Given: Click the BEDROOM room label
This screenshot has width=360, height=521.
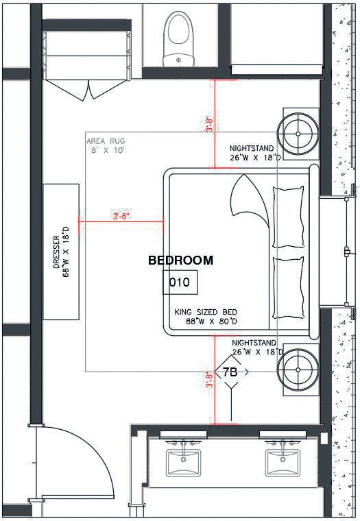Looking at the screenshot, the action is (180, 260).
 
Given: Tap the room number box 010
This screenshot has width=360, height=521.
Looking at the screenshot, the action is (180, 282).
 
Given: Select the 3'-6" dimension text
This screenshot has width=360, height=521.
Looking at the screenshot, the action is (121, 217).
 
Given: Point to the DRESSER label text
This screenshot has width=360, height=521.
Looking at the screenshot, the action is (56, 252).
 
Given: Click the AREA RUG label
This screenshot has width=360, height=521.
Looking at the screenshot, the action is (106, 141).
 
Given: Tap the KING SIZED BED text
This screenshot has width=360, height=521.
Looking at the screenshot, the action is (206, 312).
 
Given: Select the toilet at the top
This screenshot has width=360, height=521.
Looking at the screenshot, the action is (178, 38).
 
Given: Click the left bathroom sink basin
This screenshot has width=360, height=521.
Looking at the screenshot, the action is (184, 463).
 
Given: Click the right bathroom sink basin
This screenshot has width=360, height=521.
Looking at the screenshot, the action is (283, 463).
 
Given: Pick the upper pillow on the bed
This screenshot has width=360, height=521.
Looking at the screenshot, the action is (288, 217).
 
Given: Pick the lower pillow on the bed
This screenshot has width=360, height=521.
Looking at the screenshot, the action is (288, 288).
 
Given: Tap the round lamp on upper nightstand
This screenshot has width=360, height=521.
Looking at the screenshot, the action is (298, 134).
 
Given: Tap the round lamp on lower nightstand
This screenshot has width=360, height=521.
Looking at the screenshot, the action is (298, 369).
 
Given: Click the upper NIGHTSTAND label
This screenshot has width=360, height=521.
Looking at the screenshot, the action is (252, 148).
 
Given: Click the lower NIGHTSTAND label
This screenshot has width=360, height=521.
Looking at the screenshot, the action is (254, 343).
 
